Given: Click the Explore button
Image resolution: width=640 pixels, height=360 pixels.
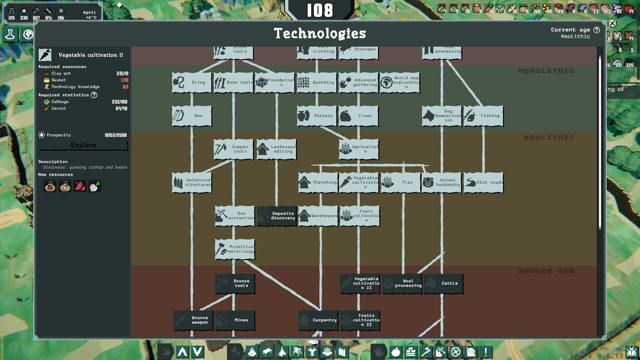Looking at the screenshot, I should [83, 145].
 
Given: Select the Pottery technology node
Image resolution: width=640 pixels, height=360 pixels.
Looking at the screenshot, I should [317, 116].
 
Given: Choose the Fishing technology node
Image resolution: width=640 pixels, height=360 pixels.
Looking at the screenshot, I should [483, 116].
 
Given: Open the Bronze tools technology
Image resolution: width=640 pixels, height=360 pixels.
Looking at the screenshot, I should [235, 283].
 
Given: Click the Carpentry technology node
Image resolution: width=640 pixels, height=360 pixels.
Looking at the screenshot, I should [318, 320].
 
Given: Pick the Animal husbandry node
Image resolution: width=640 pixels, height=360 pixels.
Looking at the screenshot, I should [442, 183].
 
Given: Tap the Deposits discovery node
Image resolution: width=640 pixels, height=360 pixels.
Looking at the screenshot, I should [277, 216].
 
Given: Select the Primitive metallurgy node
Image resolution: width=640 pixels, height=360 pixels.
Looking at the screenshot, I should [235, 249].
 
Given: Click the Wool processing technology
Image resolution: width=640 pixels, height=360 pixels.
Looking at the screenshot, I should [402, 283].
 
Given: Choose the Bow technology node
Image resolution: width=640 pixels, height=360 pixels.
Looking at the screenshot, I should [192, 116].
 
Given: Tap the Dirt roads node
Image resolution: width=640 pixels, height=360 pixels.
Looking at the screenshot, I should [483, 183].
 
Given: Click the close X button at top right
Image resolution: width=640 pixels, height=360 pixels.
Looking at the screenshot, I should [613, 23].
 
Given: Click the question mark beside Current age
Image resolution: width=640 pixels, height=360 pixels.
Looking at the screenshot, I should [597, 30].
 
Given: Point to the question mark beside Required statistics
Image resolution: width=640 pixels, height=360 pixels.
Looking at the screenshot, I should [94, 95].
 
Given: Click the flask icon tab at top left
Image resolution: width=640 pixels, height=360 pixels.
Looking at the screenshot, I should [10, 34].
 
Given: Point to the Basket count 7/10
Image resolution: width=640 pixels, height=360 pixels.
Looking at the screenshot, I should [124, 80].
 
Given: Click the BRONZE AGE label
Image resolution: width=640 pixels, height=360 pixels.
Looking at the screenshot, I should [546, 271].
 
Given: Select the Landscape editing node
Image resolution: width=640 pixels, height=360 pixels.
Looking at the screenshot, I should [276, 149].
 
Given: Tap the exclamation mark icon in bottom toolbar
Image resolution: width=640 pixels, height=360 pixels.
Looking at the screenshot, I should [486, 352].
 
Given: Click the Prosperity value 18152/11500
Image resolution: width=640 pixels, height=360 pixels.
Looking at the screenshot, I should [115, 135].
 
